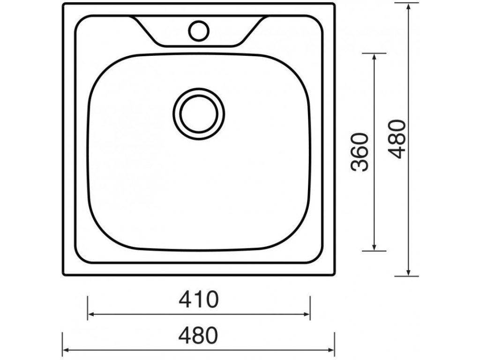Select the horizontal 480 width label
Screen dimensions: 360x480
coord(198,335)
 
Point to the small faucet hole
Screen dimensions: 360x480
coord(198,30)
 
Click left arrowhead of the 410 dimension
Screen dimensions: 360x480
coord(90,314)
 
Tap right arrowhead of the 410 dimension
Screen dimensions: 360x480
coord(307,314)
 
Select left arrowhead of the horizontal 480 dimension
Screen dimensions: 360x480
coord(66,350)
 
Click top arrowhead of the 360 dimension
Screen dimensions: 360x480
coord(374,56)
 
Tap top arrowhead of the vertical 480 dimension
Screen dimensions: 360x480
coord(409,6)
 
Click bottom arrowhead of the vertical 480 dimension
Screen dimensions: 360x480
coord(409,273)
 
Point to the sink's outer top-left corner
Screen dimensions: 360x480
coord(64,4)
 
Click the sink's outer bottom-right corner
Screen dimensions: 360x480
coord(334,275)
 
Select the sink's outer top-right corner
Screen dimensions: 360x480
coord(334,4)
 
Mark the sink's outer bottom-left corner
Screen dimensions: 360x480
coord(64,275)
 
